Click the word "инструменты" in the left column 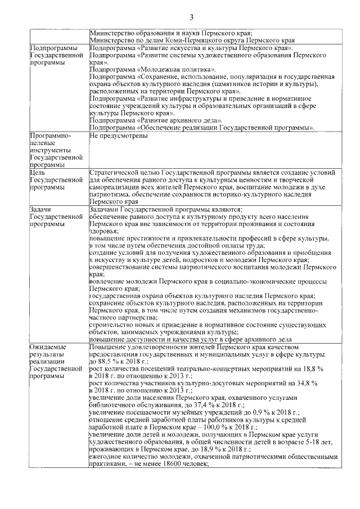coord(51,151)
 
